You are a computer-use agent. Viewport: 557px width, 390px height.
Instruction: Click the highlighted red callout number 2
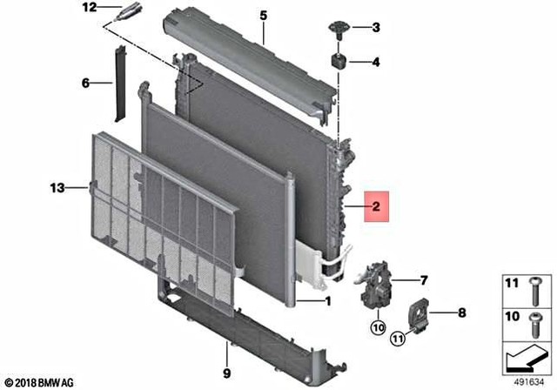point(376,207)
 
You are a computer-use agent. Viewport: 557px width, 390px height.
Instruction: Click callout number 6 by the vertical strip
point(85,84)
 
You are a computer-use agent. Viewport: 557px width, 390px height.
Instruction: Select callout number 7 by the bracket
point(424,280)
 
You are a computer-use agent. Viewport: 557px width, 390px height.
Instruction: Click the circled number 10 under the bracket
point(379,328)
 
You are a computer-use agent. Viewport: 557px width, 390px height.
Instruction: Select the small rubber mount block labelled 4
point(339,62)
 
